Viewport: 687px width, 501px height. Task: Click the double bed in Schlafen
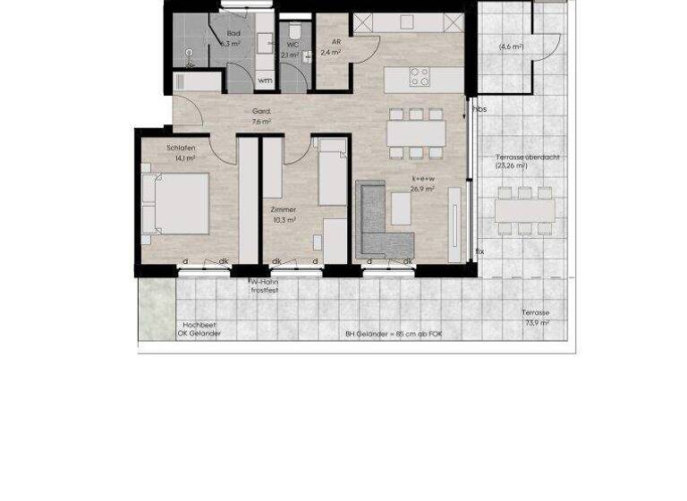pos(178,203)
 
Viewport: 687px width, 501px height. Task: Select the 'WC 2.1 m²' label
pos(291,49)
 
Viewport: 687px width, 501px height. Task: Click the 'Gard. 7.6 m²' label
pos(261,116)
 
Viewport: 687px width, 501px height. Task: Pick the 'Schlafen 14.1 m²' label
pos(182,152)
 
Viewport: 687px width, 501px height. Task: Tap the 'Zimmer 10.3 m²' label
pos(283,214)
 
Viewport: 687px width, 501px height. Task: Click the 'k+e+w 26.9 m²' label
pos(421,183)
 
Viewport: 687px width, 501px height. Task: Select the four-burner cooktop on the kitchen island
pos(420,78)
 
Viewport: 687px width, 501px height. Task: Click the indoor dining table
pos(416,133)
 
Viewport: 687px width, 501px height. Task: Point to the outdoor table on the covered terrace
pos(525,210)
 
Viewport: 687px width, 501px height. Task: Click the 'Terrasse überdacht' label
pos(528,161)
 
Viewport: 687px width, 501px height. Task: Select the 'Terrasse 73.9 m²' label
pos(536,318)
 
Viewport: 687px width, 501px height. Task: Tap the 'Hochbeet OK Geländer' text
pos(199,329)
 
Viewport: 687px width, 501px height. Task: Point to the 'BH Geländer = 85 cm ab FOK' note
pos(394,334)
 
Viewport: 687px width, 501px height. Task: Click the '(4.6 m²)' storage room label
pos(511,47)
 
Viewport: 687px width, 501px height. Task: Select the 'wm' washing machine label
pos(265,81)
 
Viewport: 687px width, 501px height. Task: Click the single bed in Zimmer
pos(333,173)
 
